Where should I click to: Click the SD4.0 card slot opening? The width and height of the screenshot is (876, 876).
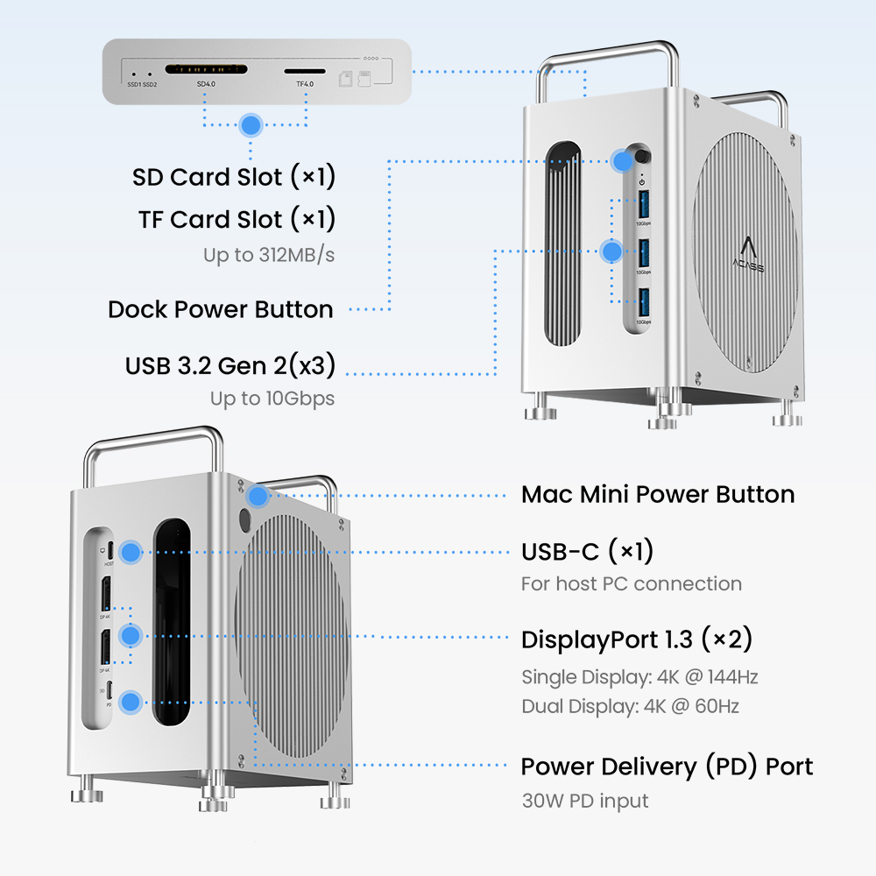click(206, 67)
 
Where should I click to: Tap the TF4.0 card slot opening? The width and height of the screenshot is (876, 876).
click(304, 70)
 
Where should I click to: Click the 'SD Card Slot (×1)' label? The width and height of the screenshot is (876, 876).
click(234, 177)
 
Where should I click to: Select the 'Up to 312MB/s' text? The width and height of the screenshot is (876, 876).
click(269, 256)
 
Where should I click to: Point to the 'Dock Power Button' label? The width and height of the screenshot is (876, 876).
click(221, 309)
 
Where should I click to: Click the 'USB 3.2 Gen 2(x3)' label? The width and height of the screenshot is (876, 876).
click(230, 364)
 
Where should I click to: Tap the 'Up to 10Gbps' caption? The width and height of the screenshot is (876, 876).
click(272, 399)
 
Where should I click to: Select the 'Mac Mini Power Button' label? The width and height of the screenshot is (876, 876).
click(658, 494)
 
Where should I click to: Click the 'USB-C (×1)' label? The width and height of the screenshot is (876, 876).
click(587, 552)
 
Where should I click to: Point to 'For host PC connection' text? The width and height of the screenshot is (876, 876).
click(631, 583)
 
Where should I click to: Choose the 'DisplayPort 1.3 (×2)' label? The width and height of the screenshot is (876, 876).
click(637, 639)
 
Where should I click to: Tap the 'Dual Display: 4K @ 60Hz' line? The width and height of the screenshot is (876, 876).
click(630, 706)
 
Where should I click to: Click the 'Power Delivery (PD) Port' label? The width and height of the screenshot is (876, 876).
click(667, 767)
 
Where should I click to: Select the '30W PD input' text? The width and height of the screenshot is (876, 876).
click(584, 800)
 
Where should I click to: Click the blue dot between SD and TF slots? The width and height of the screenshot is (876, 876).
click(251, 124)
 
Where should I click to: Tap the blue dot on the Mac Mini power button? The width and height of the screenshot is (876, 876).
click(258, 497)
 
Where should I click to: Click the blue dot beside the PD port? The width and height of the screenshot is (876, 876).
click(131, 701)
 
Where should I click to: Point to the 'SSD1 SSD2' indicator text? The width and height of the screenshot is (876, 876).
click(142, 84)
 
